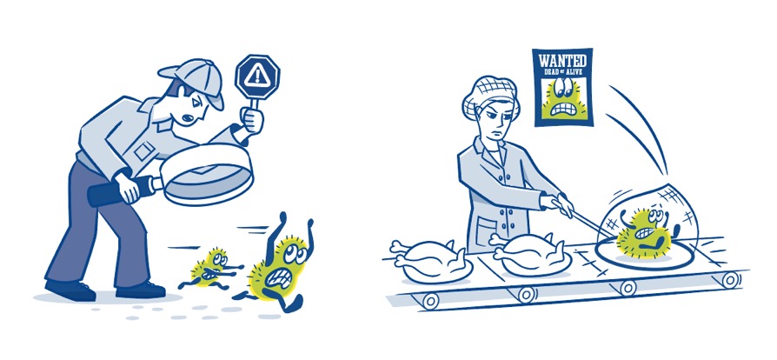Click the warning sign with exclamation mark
pyautogui.click(x=257, y=76)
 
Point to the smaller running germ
pyautogui.click(x=211, y=270)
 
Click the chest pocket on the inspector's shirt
pyautogui.click(x=144, y=150)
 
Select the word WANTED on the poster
pyautogui.click(x=562, y=61)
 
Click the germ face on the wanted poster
pyautogui.click(x=562, y=98)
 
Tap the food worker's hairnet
pyautogui.click(x=490, y=94)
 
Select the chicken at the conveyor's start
pyautogui.click(x=430, y=261)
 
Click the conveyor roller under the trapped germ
pyautogui.click(x=627, y=287)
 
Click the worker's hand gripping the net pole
pyautogui.click(x=561, y=203)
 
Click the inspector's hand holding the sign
pyautogui.click(x=252, y=119)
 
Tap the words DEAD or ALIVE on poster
pyautogui.click(x=563, y=71)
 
